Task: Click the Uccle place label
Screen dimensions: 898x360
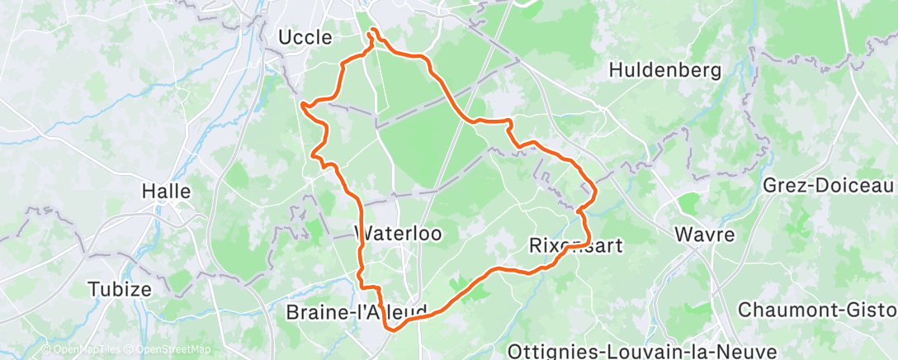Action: tap(305, 37)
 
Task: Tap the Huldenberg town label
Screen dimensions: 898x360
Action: tap(664, 70)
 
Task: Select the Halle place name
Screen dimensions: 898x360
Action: tap(166, 191)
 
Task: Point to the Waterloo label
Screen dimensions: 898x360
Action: tap(398, 234)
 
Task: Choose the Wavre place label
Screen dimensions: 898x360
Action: tap(704, 234)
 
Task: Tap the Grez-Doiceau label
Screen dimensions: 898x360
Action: tap(829, 184)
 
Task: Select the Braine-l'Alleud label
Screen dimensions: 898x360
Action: tap(357, 312)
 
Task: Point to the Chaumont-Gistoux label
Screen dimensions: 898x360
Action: tap(817, 310)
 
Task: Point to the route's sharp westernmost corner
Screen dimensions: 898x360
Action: tap(303, 105)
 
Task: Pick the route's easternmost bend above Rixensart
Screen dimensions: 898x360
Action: tap(595, 192)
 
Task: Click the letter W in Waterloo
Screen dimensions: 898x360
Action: tap(364, 234)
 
